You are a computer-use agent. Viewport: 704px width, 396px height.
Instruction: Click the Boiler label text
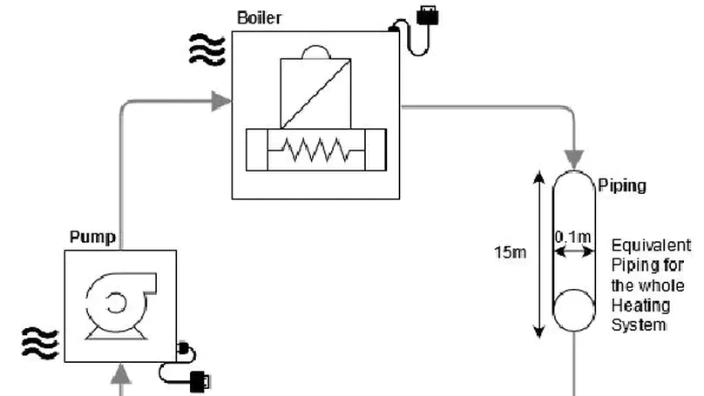259,17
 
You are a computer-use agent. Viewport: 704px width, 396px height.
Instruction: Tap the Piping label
623,186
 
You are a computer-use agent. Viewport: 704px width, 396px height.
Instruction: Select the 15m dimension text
511,253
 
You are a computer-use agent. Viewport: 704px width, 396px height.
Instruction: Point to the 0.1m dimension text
572,236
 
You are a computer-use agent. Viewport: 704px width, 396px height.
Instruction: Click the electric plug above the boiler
427,15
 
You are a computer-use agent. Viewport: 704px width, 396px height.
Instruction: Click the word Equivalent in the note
651,246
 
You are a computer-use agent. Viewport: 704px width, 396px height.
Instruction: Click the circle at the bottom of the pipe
573,309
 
